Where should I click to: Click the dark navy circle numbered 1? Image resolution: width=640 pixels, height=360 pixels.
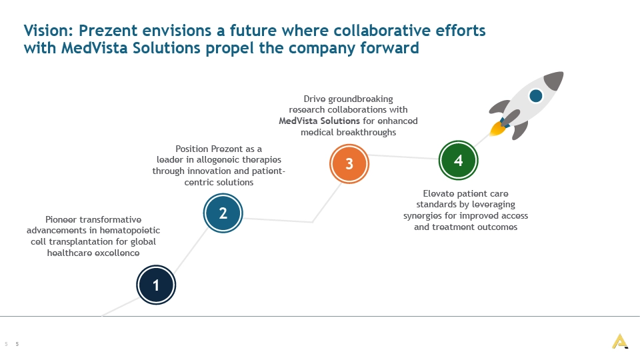click(156, 285)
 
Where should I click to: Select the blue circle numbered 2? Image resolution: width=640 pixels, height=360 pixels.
click(223, 213)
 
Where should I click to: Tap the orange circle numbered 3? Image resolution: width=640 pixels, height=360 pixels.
click(349, 164)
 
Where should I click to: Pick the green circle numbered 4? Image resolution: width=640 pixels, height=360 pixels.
click(459, 161)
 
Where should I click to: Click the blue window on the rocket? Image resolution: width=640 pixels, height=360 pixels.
click(535, 96)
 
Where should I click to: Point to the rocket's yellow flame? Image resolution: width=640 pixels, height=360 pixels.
click(497, 128)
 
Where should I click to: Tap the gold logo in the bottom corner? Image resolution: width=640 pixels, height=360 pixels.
click(620, 341)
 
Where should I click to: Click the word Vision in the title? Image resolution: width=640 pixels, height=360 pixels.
click(48, 31)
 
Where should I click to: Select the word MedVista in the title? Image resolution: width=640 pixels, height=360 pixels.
click(94, 48)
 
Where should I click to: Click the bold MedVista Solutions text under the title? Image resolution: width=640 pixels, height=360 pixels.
click(319, 121)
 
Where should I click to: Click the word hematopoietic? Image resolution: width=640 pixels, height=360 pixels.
click(130, 231)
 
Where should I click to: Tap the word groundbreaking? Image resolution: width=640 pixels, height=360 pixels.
click(361, 99)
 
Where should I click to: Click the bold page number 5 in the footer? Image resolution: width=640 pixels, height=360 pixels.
click(17, 344)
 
